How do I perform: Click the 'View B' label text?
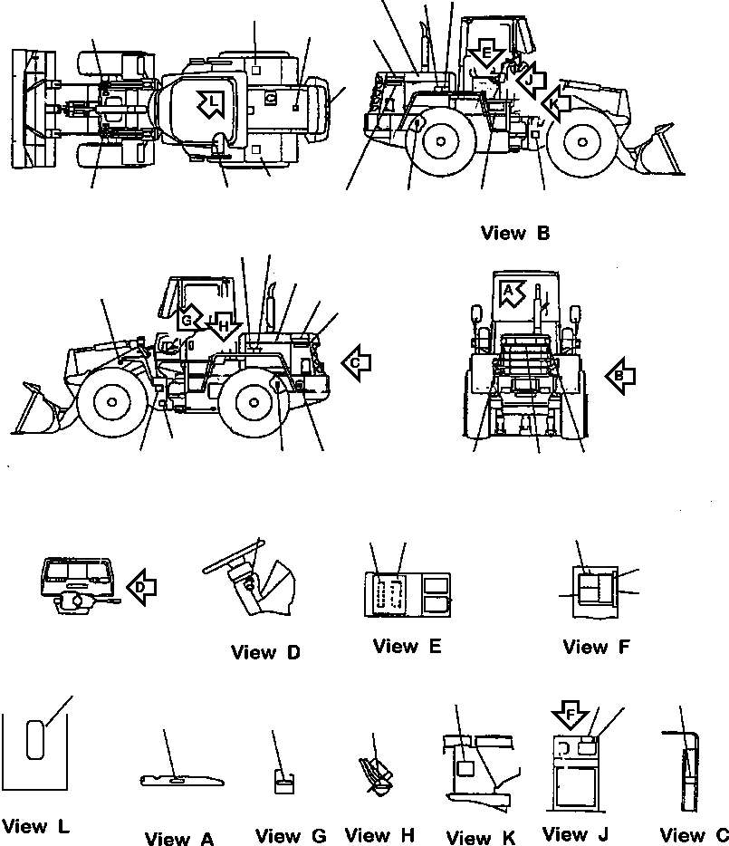coord(515,234)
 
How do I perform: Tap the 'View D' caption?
coord(265,652)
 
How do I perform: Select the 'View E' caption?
coord(407,646)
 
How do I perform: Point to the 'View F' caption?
coord(597,647)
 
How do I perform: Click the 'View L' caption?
coord(35,826)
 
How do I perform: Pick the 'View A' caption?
coord(179,839)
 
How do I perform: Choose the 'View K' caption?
coord(481,838)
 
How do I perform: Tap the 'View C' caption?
coord(694,835)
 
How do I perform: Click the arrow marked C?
coord(356,362)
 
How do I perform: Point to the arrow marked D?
coord(140,586)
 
